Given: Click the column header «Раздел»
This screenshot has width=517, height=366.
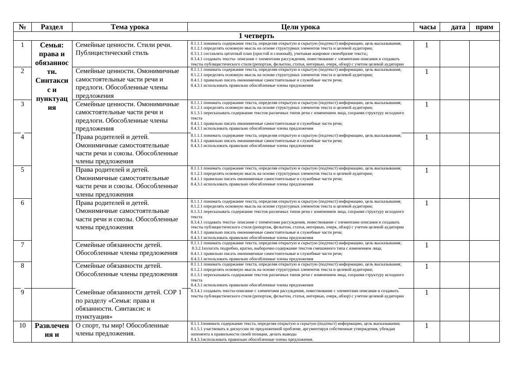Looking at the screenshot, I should (x=52, y=27).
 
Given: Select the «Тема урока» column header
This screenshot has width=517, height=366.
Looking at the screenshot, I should (x=129, y=27).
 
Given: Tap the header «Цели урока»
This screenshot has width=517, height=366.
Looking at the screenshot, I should (x=300, y=27).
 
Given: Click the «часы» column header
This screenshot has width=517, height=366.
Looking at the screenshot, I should (x=427, y=27).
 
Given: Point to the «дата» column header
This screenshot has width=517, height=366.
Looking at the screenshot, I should (x=458, y=27).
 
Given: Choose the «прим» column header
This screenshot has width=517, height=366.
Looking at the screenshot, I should (x=484, y=27).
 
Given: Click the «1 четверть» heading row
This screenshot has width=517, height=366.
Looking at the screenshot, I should (x=256, y=36).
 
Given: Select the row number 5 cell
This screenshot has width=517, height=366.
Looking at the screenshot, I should (x=23, y=170).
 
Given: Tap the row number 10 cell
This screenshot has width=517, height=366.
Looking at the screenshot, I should (x=23, y=325).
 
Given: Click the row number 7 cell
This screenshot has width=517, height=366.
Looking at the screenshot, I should (x=23, y=244).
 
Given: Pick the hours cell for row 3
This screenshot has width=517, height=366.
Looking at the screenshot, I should (x=426, y=104).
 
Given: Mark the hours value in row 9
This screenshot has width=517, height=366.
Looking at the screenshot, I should (x=426, y=293).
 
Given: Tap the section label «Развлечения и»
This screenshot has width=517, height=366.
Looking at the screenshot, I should (x=52, y=330).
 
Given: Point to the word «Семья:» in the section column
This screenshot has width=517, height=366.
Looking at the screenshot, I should (x=52, y=45).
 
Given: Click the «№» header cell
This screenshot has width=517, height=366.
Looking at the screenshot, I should (x=23, y=27).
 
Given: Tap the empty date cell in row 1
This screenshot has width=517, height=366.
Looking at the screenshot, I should (x=454, y=54).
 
